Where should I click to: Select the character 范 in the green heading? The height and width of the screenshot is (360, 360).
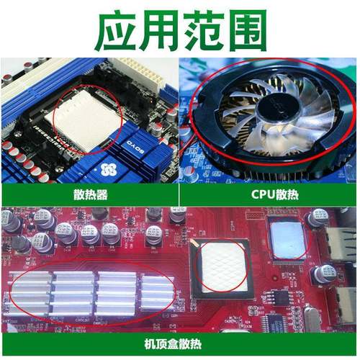click(x=201, y=30)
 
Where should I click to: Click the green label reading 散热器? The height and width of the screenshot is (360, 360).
click(x=89, y=194)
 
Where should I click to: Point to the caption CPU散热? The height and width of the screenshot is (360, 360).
click(x=269, y=194)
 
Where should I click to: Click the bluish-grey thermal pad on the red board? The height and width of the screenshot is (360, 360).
click(x=287, y=240)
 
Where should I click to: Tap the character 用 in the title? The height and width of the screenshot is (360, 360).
click(x=158, y=30)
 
